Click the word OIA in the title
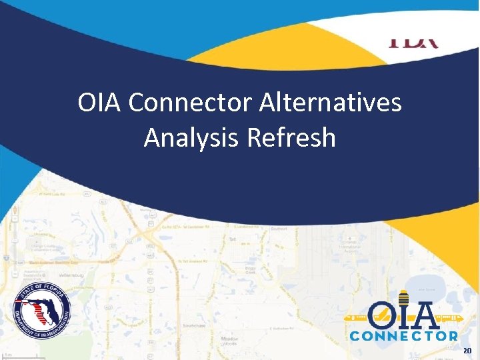pos(99,103)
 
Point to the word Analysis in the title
pos(192,138)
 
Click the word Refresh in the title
pos(291,138)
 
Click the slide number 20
pos(467,350)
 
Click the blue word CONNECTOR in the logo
pos(403,337)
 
